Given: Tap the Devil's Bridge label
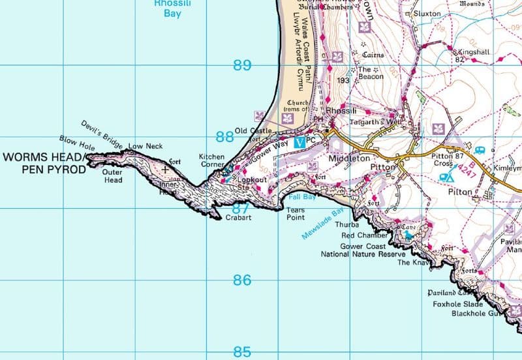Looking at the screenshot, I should point(102,134).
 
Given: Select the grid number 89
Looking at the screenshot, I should point(242,65).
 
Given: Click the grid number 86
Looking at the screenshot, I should point(242,280).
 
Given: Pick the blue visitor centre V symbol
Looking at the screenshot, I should point(299,142).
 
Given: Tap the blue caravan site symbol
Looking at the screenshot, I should point(480,150).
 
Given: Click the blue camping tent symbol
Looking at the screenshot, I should point(447,176).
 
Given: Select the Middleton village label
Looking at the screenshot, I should point(350,158).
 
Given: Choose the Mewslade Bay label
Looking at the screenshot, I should point(322,224).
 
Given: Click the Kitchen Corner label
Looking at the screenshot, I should point(212,161).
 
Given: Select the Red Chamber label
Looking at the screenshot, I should point(365,235).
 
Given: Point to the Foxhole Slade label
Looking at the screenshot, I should point(457,304).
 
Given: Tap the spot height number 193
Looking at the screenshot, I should point(344,81).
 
